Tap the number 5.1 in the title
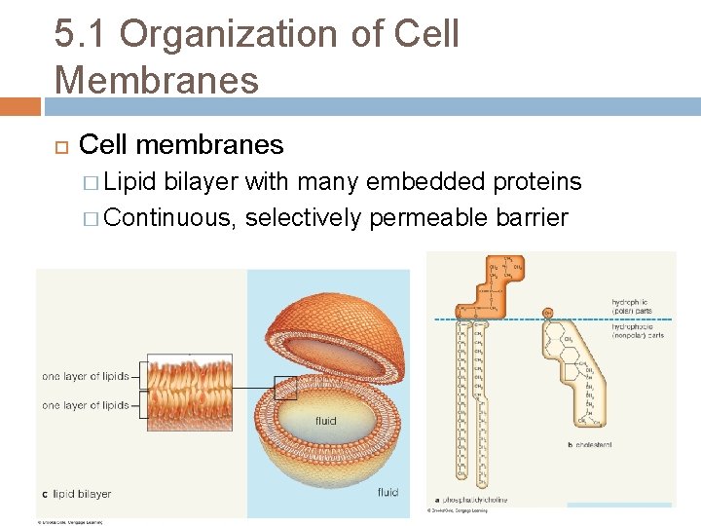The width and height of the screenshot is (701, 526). (81, 35)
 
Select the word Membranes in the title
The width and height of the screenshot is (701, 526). (157, 79)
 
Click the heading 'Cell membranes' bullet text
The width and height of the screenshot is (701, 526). (181, 145)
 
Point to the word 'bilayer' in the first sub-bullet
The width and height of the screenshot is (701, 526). (202, 182)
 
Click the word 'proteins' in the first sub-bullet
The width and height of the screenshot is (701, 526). (537, 182)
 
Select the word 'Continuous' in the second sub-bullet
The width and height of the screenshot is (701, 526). (168, 216)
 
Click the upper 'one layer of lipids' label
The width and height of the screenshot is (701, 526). (86, 376)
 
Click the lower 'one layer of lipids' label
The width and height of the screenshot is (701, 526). (86, 405)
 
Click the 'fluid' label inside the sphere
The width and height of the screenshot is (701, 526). (325, 421)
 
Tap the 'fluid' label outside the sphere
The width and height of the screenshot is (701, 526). (387, 492)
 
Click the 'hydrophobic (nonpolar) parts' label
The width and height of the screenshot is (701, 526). (638, 330)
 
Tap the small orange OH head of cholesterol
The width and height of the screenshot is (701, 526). (548, 314)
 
